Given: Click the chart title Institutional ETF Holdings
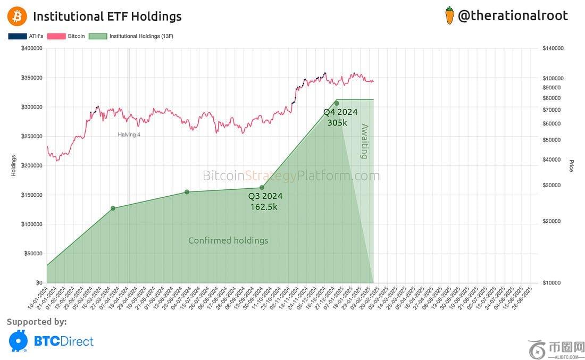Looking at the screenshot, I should [107, 16].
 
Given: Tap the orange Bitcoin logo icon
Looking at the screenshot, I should [17, 16].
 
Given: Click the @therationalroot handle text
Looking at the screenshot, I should [513, 15].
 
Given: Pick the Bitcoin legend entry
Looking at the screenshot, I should [66, 36].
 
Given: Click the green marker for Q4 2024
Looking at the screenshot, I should [337, 103].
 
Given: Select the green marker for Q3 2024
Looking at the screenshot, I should [262, 187].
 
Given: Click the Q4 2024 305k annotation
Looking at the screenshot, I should [340, 117].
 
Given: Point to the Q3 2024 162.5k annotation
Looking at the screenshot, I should [265, 201].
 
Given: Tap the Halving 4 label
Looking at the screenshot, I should [129, 135].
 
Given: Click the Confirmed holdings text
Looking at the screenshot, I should [228, 240].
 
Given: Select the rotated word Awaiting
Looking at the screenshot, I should [364, 141].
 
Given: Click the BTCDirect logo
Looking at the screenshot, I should [51, 341].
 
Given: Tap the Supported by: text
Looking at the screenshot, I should [37, 321].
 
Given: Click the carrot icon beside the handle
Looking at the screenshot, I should [449, 15].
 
